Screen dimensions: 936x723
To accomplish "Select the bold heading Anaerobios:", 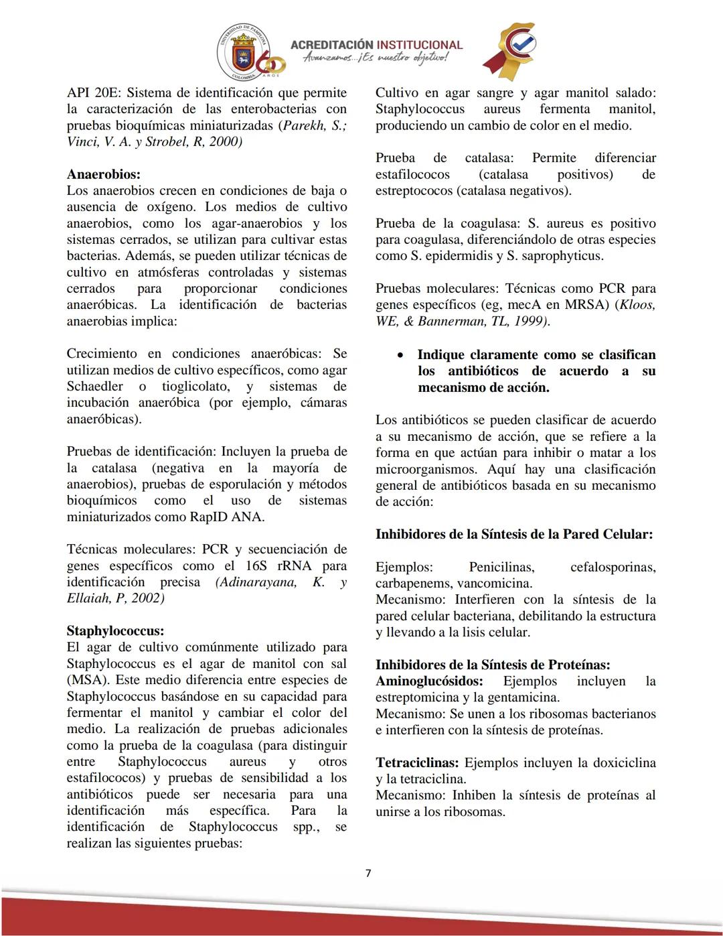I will coord(103,174).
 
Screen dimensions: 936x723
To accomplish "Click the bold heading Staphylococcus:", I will coord(115,630).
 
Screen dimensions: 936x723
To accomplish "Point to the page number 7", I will coord(368,872).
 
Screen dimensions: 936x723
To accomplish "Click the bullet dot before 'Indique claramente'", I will coord(400,355).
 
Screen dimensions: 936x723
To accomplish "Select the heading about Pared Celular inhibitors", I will coord(513,534).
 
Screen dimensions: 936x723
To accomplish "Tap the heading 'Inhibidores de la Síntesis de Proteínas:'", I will coord(492,665).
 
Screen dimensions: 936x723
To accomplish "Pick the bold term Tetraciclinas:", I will coord(417,762).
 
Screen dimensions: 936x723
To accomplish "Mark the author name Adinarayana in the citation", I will coord(256,582).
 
